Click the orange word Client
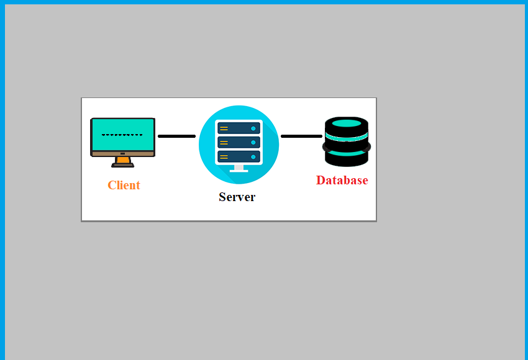tap(124, 185)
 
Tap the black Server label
tap(237, 197)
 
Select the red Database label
tap(342, 180)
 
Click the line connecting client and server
tap(177, 137)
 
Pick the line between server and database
tap(301, 137)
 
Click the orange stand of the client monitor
tap(122, 161)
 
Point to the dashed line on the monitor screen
tap(122, 135)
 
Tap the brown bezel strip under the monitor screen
tap(122, 154)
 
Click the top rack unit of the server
tap(239, 128)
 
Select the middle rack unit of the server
tap(239, 142)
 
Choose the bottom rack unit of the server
tap(239, 156)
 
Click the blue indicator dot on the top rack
tap(253, 128)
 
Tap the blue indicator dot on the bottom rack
tap(253, 157)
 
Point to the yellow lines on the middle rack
tap(224, 143)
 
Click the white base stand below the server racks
tap(239, 169)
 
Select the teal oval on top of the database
tap(347, 123)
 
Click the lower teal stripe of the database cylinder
tap(347, 153)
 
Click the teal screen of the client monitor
tap(122, 135)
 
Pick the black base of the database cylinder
tap(347, 161)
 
